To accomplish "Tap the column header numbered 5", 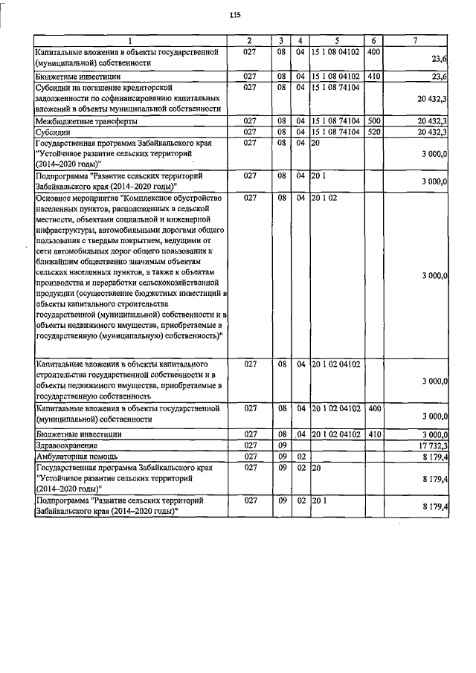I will (336, 40).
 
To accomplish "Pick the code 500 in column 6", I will (374, 120).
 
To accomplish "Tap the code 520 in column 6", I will (374, 132).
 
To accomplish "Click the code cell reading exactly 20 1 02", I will (325, 199).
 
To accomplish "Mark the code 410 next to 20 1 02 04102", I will (374, 434).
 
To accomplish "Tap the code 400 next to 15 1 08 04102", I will (374, 51).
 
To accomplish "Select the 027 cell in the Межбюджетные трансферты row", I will (250, 120).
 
